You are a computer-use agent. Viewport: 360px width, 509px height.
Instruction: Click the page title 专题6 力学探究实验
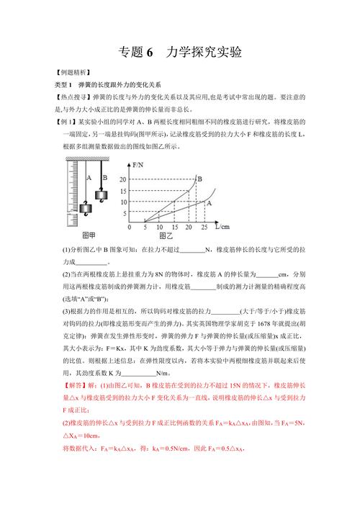point(179,53)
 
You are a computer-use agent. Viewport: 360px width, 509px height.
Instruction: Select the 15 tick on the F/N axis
point(122,191)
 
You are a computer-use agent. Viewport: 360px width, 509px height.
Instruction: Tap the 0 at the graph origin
point(130,227)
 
